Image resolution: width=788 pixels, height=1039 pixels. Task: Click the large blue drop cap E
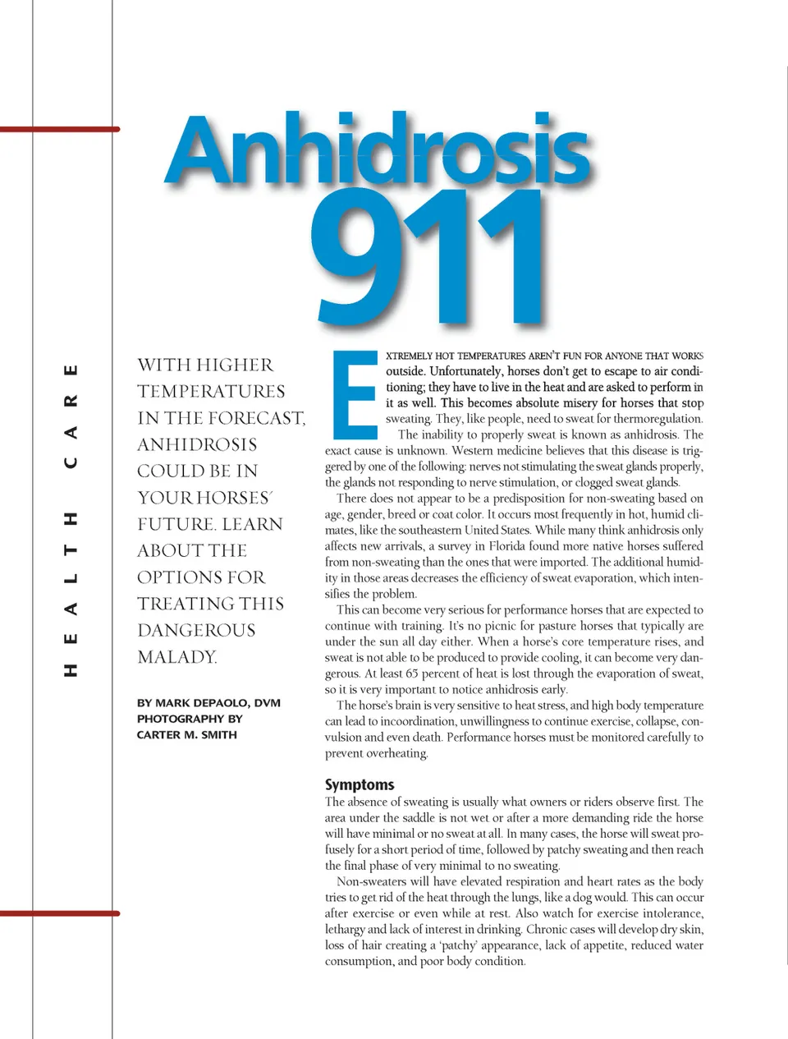pos(354,395)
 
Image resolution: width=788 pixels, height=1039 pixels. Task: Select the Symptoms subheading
pos(360,784)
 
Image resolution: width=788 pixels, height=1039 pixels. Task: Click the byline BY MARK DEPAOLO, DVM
pos(208,703)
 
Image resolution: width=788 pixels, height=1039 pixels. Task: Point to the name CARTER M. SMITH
pos(187,735)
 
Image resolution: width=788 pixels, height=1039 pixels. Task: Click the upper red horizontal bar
pos(60,129)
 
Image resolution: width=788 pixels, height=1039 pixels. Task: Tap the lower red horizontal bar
pos(60,913)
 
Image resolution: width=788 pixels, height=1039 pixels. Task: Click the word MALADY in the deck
pos(176,657)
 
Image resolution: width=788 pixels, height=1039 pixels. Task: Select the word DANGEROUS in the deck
pos(196,631)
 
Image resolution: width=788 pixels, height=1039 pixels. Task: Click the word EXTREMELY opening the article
pos(409,356)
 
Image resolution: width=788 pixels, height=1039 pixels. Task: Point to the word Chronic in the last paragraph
pos(546,929)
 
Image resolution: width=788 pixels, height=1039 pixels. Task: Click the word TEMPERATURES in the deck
pos(211,392)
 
